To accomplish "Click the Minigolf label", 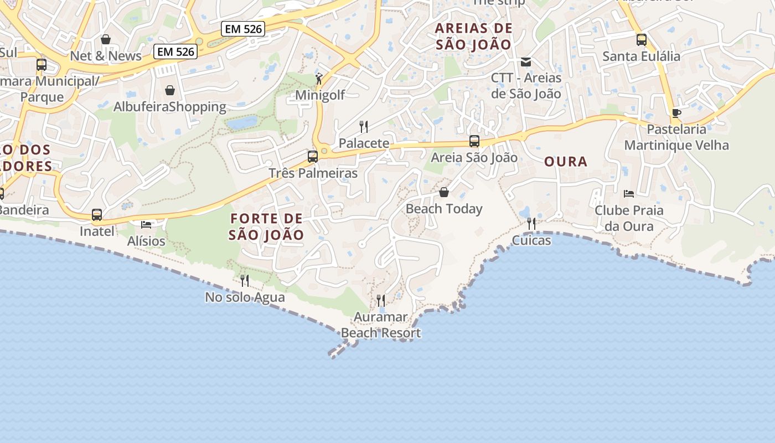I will (x=319, y=95).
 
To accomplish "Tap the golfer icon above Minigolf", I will (x=319, y=79).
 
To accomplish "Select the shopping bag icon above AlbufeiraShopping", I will (x=170, y=90).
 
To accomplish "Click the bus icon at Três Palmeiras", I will (x=313, y=157).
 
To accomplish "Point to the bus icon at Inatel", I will (x=97, y=215).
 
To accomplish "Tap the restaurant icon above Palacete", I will (x=364, y=127).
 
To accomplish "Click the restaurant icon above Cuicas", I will (x=531, y=224).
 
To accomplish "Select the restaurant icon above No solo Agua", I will (x=245, y=281).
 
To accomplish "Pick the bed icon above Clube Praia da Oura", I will (x=629, y=194).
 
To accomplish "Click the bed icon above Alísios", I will (x=146, y=224).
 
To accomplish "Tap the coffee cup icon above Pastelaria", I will (x=676, y=114).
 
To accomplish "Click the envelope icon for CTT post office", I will (x=526, y=62).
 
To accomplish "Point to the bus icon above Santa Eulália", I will (x=642, y=40).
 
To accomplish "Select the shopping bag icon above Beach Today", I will (x=444, y=192).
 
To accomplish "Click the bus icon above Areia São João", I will (x=474, y=141).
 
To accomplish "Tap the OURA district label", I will (x=565, y=162).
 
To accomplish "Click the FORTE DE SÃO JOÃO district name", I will (x=266, y=226).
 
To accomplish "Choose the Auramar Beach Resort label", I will (x=381, y=325).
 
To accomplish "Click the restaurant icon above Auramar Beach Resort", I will (x=381, y=301).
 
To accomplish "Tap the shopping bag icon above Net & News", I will (x=106, y=39).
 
